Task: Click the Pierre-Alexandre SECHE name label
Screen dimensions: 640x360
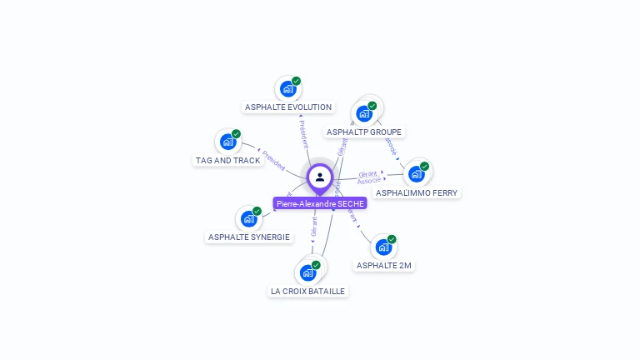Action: click(320, 203)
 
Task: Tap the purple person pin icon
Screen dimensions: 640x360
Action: click(320, 177)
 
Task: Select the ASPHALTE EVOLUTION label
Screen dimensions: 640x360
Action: click(288, 107)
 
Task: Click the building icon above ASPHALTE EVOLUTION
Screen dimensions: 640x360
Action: click(288, 88)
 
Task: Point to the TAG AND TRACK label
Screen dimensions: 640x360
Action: click(228, 160)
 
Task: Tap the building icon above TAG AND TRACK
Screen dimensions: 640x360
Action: click(228, 142)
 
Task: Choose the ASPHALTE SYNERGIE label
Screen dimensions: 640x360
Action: click(249, 237)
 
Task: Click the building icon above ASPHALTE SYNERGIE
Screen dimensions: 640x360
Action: click(249, 218)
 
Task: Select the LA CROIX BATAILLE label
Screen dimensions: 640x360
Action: click(307, 291)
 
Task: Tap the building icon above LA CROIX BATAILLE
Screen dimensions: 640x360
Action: click(307, 272)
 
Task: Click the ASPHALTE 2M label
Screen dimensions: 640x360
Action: click(383, 265)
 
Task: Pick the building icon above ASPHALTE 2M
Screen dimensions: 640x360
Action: click(383, 247)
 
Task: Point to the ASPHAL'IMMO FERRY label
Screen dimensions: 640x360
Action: click(417, 192)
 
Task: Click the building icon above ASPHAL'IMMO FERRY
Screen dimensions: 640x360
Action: click(416, 174)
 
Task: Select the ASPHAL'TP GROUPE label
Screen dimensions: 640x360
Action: click(364, 132)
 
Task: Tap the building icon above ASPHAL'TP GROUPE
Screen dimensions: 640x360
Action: click(364, 113)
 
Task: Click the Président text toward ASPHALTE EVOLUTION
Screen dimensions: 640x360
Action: click(303, 133)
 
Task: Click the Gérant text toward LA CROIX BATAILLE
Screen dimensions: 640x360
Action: click(314, 228)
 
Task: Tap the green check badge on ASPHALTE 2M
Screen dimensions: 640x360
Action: click(392, 239)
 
